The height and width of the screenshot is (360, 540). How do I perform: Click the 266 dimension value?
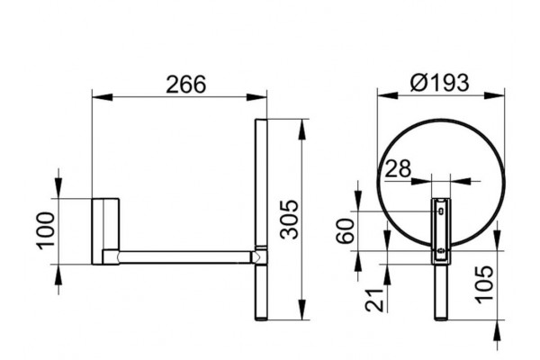(x=185, y=85)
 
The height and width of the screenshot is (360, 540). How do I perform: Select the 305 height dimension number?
(x=289, y=219)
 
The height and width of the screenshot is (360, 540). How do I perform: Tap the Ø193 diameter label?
(x=440, y=83)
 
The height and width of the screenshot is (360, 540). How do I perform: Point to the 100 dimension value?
(x=46, y=230)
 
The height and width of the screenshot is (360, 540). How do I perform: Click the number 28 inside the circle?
(x=398, y=168)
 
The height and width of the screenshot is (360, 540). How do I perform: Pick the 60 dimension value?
(x=346, y=230)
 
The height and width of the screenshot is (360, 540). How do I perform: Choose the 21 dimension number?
(x=374, y=300)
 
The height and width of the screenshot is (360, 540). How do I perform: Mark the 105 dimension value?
(x=484, y=284)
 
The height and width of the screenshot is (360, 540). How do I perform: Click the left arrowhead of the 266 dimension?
(x=103, y=97)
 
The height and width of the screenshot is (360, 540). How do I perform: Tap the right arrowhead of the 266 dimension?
(x=256, y=97)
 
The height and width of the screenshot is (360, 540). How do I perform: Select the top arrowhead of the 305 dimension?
(x=302, y=130)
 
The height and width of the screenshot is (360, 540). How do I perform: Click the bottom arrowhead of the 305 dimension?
(x=302, y=310)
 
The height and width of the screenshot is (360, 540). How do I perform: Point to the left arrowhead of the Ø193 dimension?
(x=387, y=95)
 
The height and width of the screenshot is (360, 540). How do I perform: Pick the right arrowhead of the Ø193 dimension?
(x=494, y=95)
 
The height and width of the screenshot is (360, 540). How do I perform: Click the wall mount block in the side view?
(x=105, y=231)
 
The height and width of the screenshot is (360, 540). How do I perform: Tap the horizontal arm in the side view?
(x=184, y=257)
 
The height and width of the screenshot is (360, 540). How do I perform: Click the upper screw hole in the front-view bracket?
(x=441, y=211)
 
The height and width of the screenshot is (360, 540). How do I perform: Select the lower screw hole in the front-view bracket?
(x=441, y=251)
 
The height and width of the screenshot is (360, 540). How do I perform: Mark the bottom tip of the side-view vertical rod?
(x=261, y=320)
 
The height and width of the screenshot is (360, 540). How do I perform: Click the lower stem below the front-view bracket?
(x=441, y=292)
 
